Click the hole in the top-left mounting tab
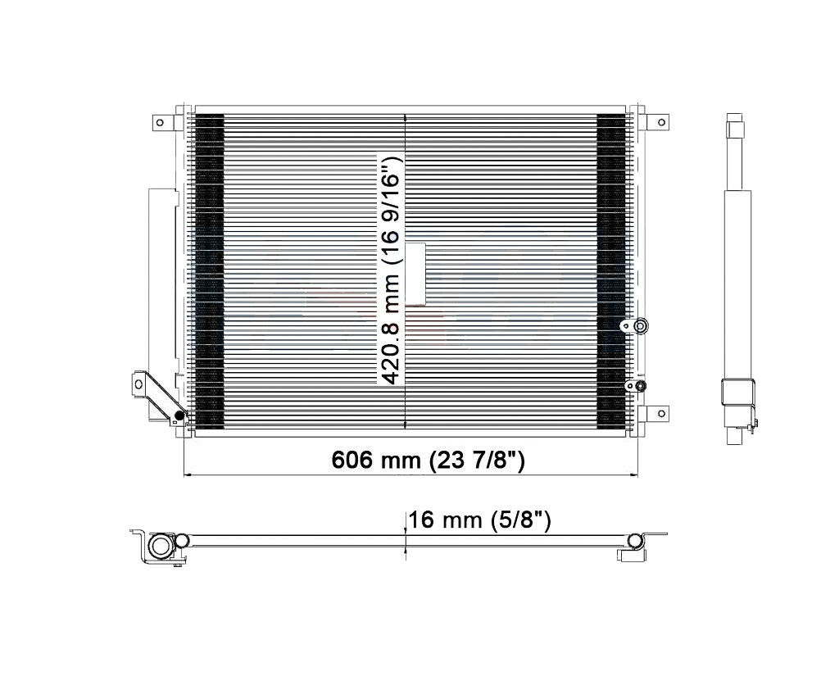coord(160,123)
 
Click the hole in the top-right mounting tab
coord(661,123)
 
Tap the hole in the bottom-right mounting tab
coord(661,413)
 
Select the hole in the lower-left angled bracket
coord(138,384)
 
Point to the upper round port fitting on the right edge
coord(640,326)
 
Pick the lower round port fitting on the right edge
coord(639,385)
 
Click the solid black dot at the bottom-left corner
coord(179,416)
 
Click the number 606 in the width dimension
coord(352,460)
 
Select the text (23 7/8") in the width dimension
coord(477,460)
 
